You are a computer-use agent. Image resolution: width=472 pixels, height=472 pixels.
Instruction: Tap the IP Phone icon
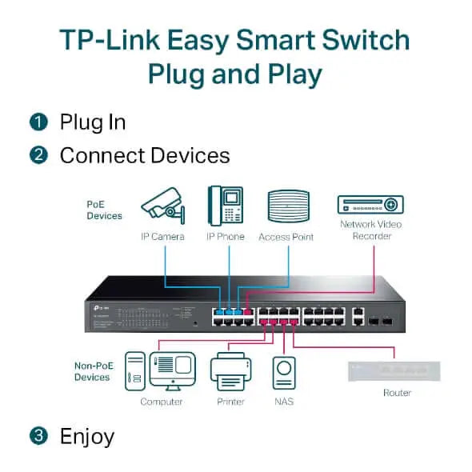click(225, 206)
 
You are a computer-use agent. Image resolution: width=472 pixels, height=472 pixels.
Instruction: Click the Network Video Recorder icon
click(370, 204)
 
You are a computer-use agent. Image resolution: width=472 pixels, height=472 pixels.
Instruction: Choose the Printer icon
click(230, 371)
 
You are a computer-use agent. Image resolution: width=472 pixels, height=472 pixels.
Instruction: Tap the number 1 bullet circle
click(38, 122)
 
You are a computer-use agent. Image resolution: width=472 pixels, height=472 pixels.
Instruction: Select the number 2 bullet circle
click(38, 155)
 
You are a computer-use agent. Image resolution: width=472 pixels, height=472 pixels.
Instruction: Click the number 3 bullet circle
click(38, 436)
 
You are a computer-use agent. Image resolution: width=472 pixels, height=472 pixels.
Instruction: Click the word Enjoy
click(87, 436)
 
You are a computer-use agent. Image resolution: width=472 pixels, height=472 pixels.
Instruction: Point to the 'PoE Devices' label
click(104, 210)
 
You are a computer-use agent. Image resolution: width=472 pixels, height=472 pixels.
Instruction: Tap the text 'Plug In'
click(93, 122)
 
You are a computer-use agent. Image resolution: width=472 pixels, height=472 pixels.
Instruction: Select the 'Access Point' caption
click(286, 237)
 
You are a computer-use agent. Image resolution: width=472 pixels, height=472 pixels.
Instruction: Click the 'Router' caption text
click(397, 393)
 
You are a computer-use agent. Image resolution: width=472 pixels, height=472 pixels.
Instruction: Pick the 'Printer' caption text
click(230, 402)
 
